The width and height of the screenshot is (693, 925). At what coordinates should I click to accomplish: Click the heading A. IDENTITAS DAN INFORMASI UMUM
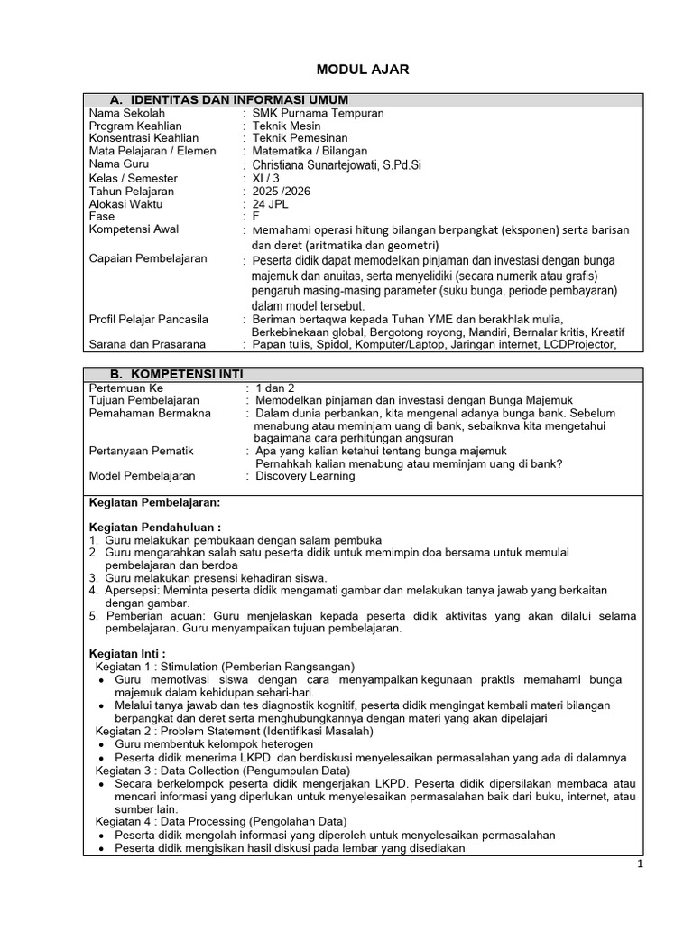229,99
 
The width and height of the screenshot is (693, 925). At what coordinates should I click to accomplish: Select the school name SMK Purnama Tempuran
319,113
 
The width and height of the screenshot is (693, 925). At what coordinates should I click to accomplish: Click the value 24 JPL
275,204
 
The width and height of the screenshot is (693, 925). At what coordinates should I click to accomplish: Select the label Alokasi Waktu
125,204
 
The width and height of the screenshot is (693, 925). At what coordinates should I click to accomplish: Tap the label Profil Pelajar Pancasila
148,319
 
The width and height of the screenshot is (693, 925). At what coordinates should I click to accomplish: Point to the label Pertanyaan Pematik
141,450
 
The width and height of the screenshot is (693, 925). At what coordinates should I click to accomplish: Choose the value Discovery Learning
305,476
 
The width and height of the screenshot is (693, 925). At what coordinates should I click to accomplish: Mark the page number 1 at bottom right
639,864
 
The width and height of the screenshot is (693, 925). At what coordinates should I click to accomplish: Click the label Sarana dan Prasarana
147,344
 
